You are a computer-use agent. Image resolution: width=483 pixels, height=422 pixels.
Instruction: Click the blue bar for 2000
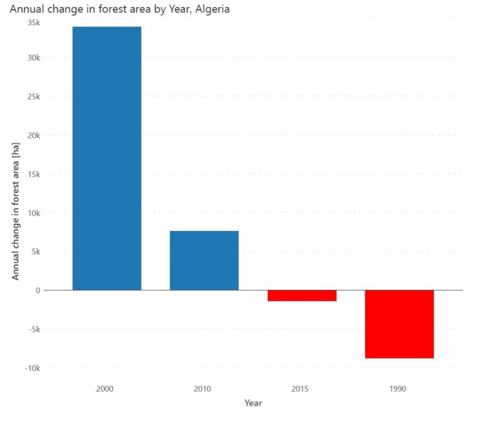pos(106,158)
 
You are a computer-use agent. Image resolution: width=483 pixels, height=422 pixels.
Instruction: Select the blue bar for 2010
pos(204,260)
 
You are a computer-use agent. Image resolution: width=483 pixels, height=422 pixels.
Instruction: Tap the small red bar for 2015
pos(301,296)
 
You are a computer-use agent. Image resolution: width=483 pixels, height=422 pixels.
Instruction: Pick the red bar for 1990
pos(399,324)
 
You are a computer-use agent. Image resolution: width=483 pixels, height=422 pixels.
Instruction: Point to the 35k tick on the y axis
pos(33,23)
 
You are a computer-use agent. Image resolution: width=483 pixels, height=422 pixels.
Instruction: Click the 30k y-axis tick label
pos(33,58)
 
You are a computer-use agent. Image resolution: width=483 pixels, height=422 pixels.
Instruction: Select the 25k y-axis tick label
pos(33,97)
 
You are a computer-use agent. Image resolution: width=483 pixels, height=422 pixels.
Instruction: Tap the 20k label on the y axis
pos(33,135)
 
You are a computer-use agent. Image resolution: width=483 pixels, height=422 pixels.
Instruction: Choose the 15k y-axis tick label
pos(33,174)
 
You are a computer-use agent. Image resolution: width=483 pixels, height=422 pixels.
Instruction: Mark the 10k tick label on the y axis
pos(33,213)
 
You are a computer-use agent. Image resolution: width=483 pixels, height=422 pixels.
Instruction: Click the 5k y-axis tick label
pos(35,252)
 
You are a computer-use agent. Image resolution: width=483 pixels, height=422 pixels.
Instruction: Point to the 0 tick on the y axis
pos(38,290)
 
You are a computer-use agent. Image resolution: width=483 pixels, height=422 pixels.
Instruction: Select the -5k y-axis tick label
pos(34,329)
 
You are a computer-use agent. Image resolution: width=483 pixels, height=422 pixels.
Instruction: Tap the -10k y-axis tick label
pos(32,368)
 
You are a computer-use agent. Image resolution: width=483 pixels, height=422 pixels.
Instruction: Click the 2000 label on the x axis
pos(105,389)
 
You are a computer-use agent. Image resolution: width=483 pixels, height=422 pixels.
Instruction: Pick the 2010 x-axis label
pos(203,389)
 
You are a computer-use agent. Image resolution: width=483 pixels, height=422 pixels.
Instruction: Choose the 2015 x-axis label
pos(301,389)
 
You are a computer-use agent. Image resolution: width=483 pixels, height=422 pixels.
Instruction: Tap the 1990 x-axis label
pos(398,389)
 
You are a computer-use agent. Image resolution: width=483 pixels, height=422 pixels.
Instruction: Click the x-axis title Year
pos(253,403)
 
